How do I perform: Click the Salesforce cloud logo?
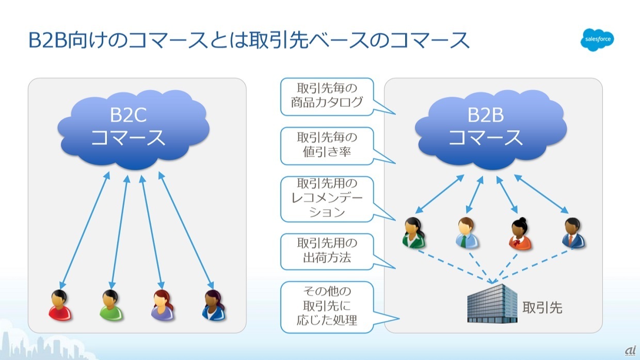(x=597, y=40)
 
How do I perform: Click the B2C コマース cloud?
(x=134, y=130)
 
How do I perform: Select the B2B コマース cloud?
(x=491, y=130)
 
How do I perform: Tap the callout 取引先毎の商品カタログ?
(x=327, y=97)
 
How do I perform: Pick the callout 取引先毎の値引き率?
(x=327, y=146)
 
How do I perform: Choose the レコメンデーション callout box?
(x=327, y=199)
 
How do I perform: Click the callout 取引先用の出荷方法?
(x=327, y=252)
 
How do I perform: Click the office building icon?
(x=492, y=303)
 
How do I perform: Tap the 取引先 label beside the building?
(x=542, y=308)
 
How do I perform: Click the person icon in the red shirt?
(x=60, y=305)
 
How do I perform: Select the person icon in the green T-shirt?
(x=111, y=305)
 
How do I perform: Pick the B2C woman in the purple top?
(x=162, y=305)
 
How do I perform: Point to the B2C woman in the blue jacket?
(x=214, y=305)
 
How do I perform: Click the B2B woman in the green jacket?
(x=413, y=232)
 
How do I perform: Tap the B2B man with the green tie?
(x=467, y=232)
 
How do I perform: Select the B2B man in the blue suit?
(x=573, y=232)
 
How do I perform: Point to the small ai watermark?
(x=630, y=351)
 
